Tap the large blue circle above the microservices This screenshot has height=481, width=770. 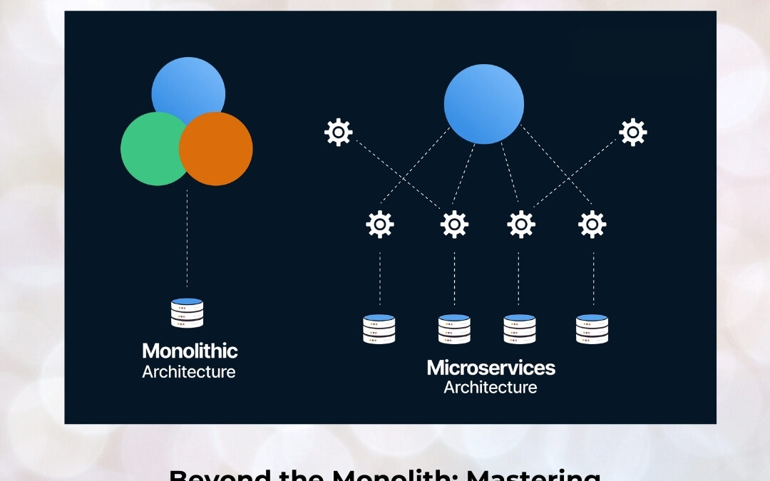coord(483,104)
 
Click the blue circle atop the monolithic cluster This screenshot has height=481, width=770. coord(188,84)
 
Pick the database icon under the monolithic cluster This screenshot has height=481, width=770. coord(188,313)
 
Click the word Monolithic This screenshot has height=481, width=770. coord(190,351)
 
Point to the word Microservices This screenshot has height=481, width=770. coord(491,368)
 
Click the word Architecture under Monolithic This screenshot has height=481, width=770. coord(188,372)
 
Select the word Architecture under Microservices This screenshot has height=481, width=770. coord(490,388)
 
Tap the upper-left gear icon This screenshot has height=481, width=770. coord(338,133)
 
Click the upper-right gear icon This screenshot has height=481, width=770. coord(632,133)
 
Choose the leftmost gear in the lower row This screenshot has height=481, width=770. coord(379,224)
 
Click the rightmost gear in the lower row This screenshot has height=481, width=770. coord(592,224)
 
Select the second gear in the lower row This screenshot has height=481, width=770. coord(454,224)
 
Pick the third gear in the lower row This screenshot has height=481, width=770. coord(520,224)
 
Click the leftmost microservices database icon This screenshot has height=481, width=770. coord(379,329)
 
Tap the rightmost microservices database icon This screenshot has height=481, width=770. coord(592,329)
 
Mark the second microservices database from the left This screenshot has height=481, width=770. coord(454,329)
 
